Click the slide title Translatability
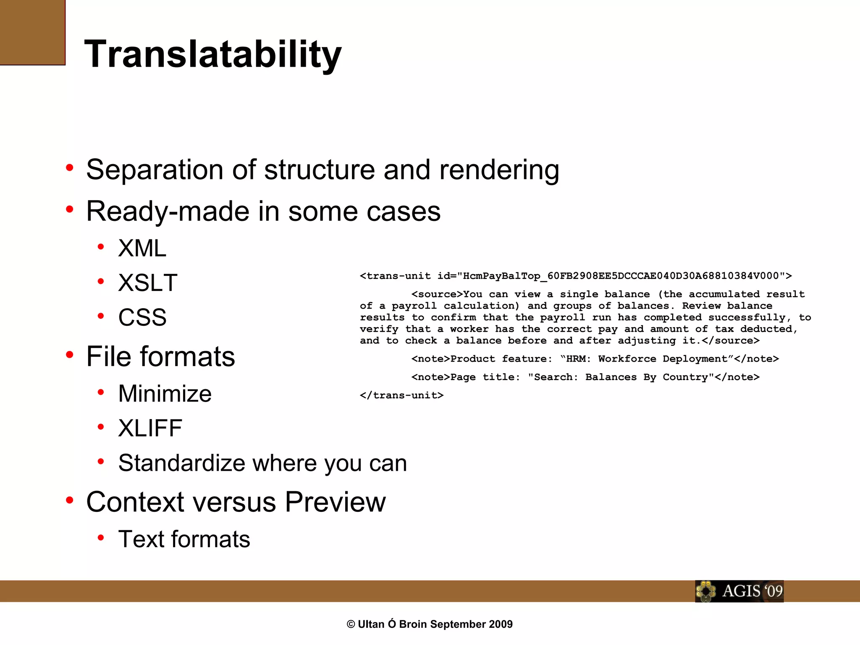213,55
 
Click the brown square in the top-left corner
32,32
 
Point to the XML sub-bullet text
142,248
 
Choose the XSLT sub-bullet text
148,283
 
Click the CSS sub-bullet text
142,317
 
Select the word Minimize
165,394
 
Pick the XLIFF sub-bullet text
150,428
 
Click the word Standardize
181,463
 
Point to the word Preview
335,502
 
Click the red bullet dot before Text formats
101,537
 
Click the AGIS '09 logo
739,591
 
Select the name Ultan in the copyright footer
371,624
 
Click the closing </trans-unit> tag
401,396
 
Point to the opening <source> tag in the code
437,294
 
